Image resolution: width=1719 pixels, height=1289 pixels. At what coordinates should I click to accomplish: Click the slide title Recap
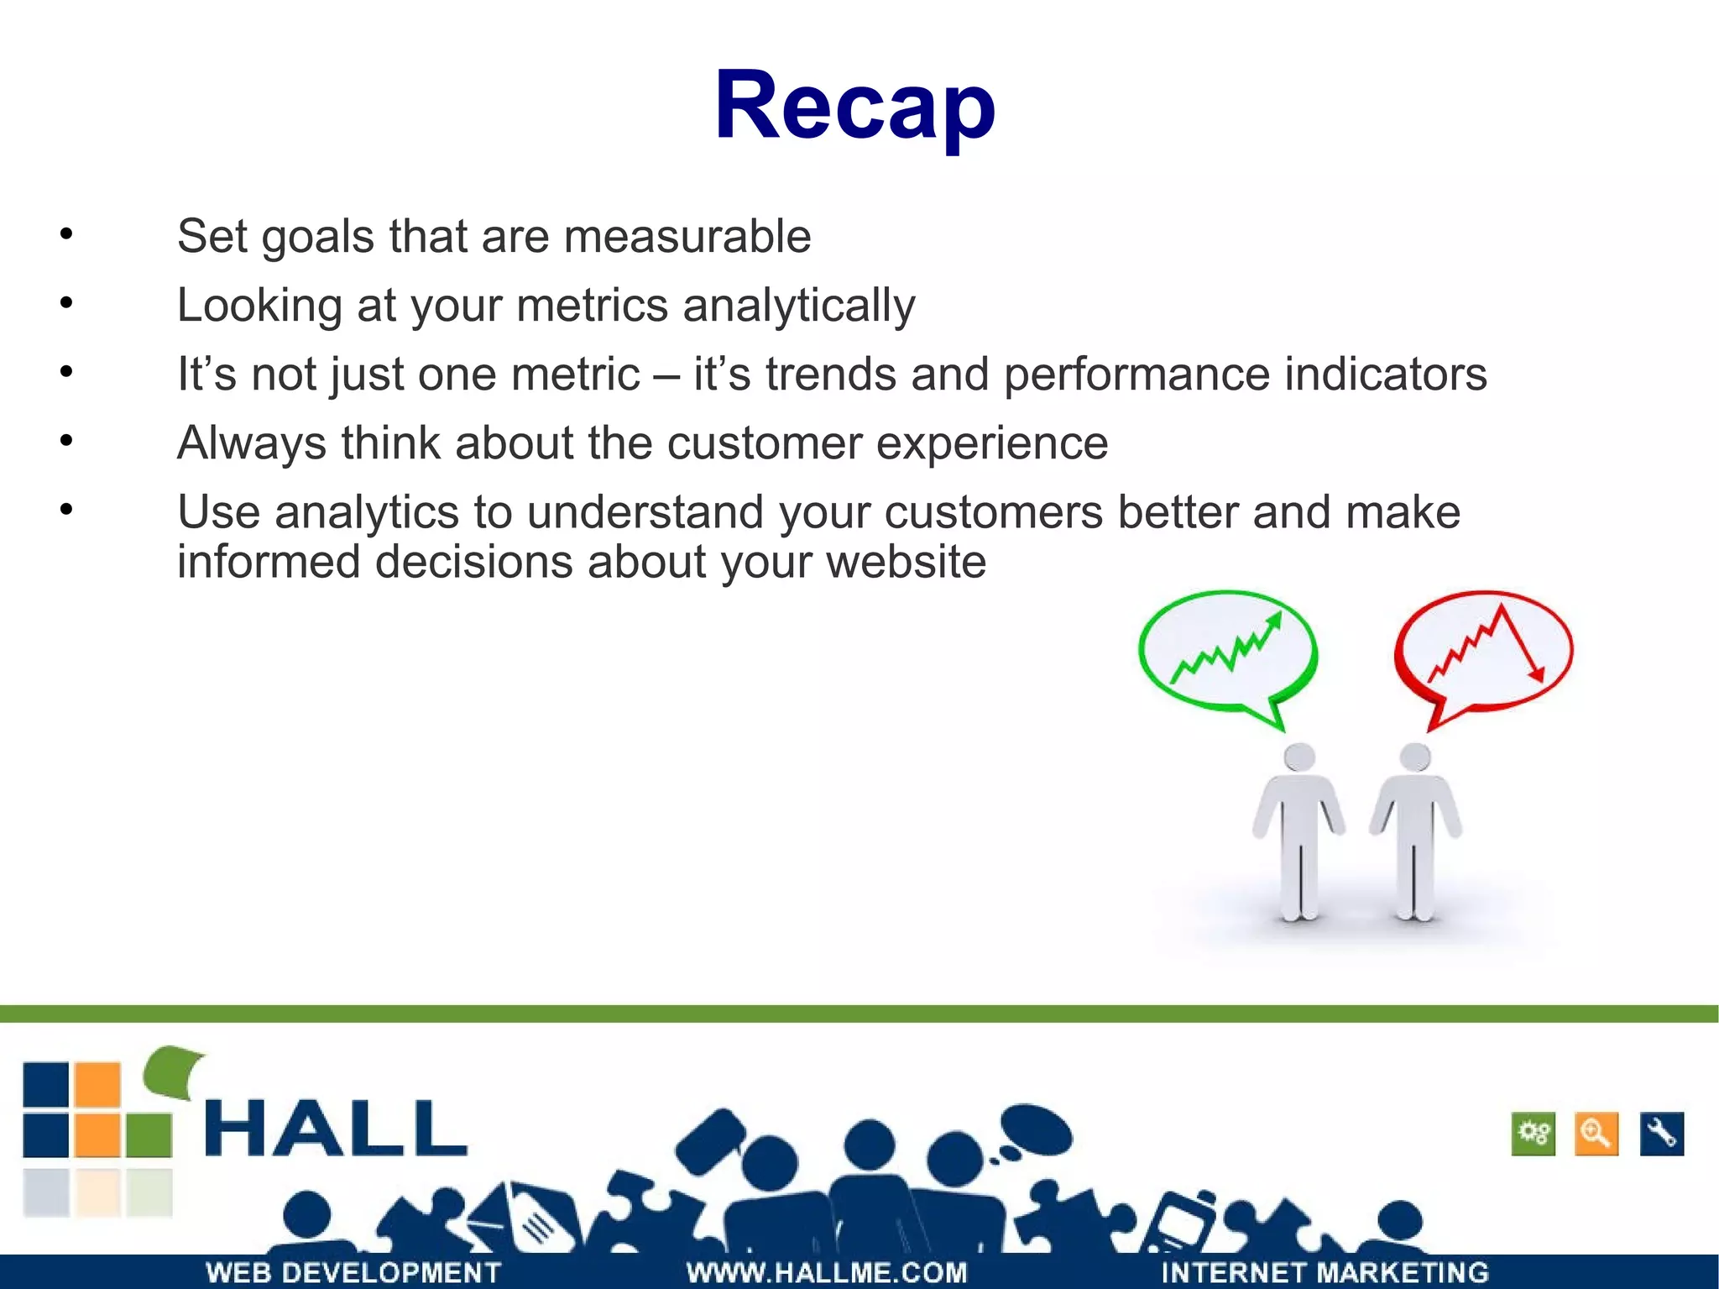(854, 107)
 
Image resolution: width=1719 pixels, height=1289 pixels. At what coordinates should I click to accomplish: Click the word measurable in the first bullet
(687, 236)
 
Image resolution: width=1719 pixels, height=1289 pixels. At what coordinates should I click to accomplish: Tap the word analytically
(798, 306)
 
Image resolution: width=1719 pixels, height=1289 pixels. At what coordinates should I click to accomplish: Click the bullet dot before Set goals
(66, 234)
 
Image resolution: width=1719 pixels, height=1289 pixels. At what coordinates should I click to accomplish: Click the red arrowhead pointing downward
(1537, 673)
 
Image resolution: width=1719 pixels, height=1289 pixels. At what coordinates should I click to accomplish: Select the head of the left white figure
(1299, 757)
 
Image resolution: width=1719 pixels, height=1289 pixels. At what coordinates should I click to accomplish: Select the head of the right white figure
(1415, 757)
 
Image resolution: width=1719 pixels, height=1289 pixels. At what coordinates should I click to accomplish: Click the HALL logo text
(336, 1129)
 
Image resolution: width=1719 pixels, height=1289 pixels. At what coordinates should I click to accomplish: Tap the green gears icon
(1533, 1134)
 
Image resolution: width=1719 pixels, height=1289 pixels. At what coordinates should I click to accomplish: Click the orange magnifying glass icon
(1596, 1134)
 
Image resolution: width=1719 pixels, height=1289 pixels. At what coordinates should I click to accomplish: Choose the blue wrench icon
(1661, 1134)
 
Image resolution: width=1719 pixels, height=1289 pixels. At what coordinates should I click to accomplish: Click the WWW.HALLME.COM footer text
(827, 1272)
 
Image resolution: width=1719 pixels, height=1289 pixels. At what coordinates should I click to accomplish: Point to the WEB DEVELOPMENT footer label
(353, 1272)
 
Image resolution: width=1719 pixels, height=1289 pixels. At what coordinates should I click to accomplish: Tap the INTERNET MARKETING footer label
(1325, 1272)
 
